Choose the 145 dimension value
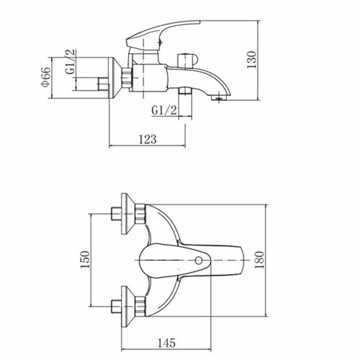[166, 343]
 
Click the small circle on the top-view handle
[198, 260]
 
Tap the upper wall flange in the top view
[128, 214]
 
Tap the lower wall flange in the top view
[128, 306]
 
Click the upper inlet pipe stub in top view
[115, 214]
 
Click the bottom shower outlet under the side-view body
[184, 91]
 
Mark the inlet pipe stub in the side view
[103, 84]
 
